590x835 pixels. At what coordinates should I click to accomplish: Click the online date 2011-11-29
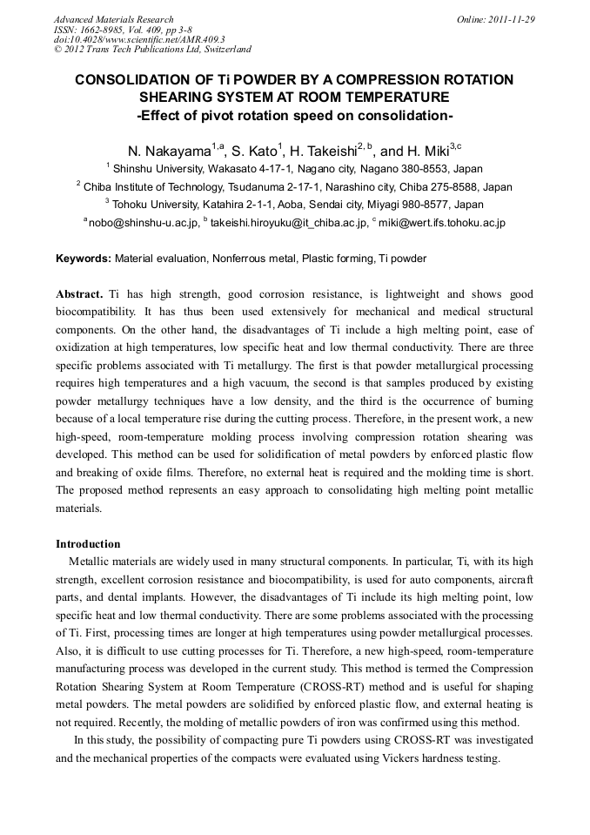[513, 19]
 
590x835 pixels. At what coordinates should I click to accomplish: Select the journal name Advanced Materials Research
[113, 19]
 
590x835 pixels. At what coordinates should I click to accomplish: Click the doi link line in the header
[139, 39]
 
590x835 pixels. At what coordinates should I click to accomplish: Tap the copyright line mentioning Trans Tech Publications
[152, 50]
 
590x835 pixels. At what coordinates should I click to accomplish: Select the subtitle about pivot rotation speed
[294, 114]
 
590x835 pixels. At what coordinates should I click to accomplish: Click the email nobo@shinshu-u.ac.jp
[143, 223]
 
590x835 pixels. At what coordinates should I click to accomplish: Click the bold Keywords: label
[84, 259]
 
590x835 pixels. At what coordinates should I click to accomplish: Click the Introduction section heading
[88, 544]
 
